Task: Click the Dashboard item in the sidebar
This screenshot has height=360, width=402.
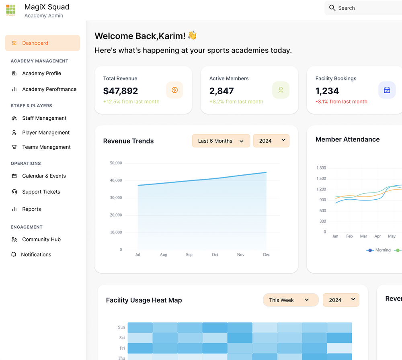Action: coord(42,43)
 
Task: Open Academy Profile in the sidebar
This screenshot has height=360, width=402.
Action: coord(41,73)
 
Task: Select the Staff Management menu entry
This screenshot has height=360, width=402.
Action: coord(44,118)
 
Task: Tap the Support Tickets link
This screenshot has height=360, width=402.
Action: coord(41,192)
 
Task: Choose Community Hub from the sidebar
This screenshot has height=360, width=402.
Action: coord(41,239)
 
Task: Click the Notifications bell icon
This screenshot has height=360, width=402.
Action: coord(14,254)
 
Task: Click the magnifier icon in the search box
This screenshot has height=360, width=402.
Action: coord(332,8)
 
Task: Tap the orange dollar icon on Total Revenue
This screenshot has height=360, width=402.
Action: coord(174,90)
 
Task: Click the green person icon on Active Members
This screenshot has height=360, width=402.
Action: coord(281,90)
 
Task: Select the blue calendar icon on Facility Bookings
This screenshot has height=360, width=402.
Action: coord(387,90)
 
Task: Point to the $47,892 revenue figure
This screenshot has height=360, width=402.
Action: coord(121,91)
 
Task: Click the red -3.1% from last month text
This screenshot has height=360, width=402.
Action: coord(341,102)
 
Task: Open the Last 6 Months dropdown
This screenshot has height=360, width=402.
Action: coord(221,141)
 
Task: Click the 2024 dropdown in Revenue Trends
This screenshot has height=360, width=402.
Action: coord(271,141)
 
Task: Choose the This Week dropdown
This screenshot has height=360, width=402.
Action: coord(291,300)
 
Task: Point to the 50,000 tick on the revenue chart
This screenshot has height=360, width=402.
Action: coord(116,163)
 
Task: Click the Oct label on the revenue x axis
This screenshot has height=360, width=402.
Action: coord(215,254)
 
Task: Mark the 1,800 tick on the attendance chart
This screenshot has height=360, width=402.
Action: coord(321,168)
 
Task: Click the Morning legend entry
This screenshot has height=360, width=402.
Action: coord(378,250)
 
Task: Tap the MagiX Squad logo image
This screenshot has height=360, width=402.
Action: coord(11,10)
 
